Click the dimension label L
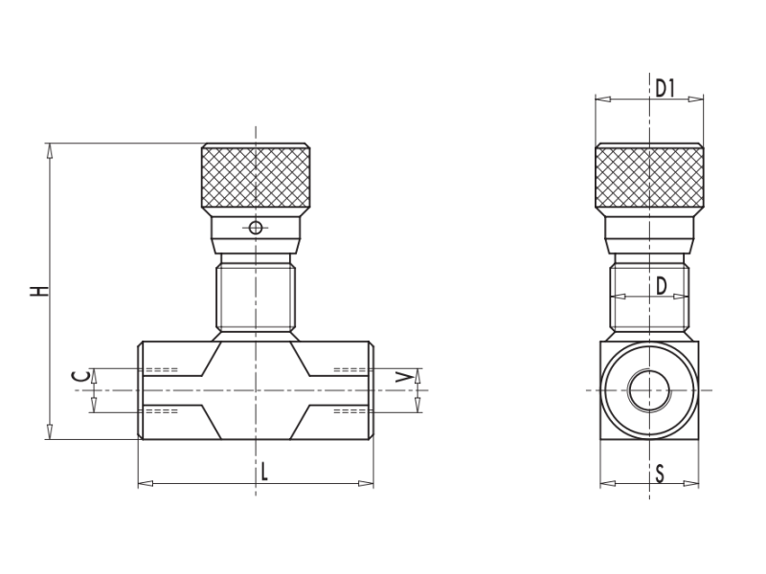264,471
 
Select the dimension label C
81,376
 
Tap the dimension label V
406,377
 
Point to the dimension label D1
665,88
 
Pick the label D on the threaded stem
661,285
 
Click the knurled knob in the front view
256,177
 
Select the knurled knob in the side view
649,177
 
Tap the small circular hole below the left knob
255,228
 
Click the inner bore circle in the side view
649,390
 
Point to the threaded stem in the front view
256,297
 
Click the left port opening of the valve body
143,390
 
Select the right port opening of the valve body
370,390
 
